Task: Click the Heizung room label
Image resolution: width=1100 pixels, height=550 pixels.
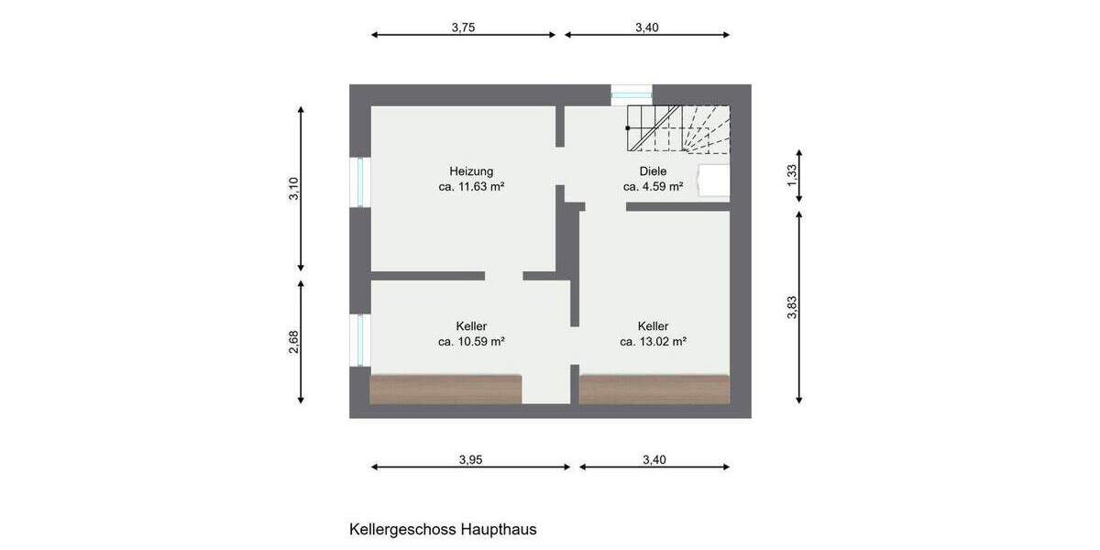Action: click(471, 170)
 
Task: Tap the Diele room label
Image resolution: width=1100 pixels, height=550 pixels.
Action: click(653, 170)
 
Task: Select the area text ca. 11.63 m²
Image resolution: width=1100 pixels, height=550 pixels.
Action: click(472, 186)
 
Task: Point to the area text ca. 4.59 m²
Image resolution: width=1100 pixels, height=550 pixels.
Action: click(653, 186)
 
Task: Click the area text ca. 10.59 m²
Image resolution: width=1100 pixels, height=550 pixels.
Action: click(471, 341)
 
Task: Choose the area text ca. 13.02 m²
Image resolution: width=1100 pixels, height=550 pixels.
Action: click(653, 341)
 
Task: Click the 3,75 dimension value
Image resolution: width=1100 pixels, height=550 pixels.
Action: click(463, 27)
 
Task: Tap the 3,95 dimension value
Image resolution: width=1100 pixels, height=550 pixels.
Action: click(470, 460)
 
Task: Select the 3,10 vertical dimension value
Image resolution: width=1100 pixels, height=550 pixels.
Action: click(293, 188)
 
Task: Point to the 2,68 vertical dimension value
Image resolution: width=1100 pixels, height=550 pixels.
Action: click(293, 341)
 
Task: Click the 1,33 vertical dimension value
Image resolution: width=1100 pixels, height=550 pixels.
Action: click(792, 174)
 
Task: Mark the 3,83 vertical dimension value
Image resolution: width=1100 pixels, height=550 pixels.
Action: click(792, 308)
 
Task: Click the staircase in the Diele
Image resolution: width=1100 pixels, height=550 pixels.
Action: click(678, 127)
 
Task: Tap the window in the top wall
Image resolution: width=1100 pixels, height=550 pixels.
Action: click(632, 92)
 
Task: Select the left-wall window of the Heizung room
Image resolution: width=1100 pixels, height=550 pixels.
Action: click(360, 181)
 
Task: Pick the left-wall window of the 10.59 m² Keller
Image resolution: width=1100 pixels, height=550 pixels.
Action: click(360, 340)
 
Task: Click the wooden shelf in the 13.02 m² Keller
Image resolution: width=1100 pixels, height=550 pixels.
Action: click(654, 389)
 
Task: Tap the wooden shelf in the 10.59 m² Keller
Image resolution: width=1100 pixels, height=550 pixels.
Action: click(445, 389)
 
